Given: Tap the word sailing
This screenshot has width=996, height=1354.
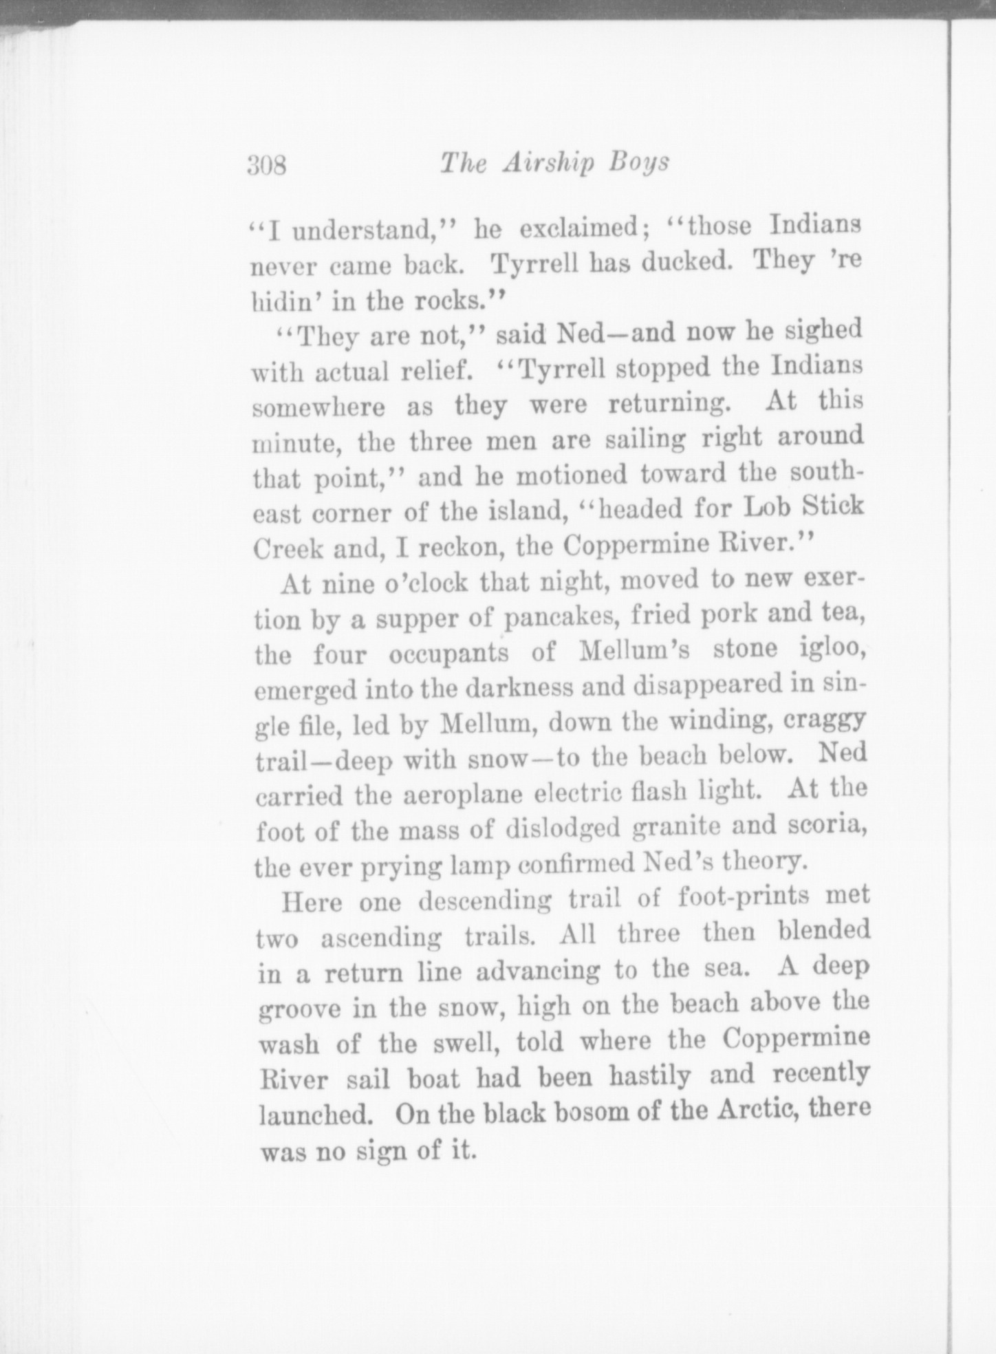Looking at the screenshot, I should (x=644, y=439).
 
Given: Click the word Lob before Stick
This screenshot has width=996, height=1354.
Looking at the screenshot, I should (x=770, y=508).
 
